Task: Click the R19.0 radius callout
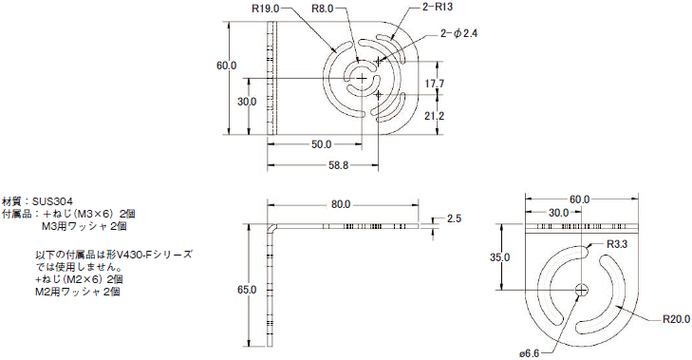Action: pos(265,9)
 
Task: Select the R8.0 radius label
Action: pos(322,9)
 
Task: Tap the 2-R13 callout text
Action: pos(437,7)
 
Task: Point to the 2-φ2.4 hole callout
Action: pos(459,33)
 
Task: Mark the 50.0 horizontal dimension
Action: pos(321,144)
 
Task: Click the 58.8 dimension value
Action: pos(339,165)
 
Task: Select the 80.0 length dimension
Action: pos(340,204)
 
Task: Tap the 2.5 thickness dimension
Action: pos(454,218)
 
